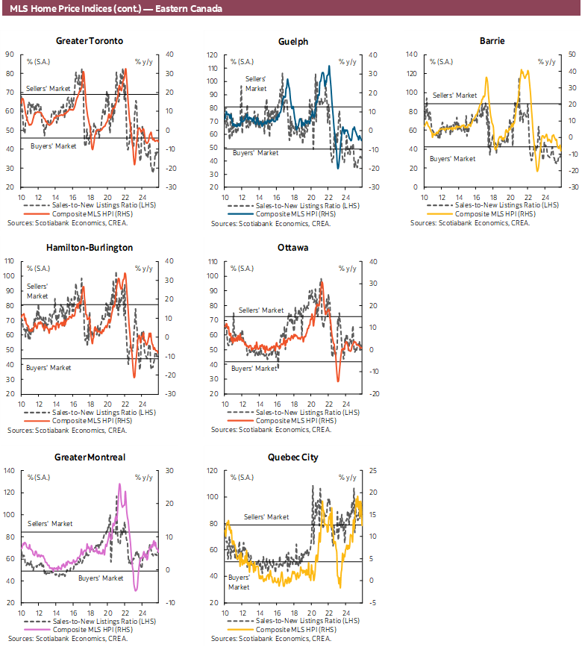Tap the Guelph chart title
[x=292, y=41]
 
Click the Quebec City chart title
[x=292, y=457]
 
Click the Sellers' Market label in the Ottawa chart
[x=261, y=310]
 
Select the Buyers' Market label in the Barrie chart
[x=452, y=158]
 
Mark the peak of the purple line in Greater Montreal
[x=119, y=484]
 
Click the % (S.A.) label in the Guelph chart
[x=242, y=61]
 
